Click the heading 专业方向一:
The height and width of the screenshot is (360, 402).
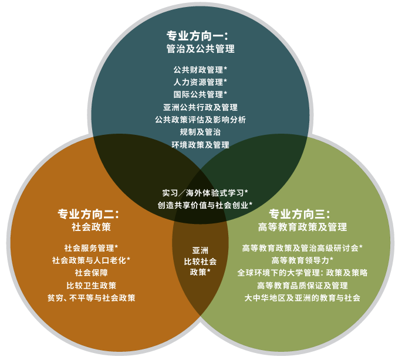coord(197,36)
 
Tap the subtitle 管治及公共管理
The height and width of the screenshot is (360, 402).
coord(201,49)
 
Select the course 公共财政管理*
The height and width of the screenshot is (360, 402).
coord(200,70)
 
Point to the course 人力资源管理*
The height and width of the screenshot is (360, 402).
coord(200,82)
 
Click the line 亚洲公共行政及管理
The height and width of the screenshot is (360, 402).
coord(201,107)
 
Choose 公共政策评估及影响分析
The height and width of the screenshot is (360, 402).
coord(201,120)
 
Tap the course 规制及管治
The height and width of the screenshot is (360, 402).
coord(201,132)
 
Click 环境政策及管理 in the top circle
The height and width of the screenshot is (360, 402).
coord(201,145)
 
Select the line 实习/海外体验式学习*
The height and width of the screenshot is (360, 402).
coord(205,193)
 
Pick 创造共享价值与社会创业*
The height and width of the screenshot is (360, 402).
coord(205,205)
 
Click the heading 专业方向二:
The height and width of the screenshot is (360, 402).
coord(89,214)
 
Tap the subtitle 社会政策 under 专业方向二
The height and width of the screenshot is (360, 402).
coord(92,227)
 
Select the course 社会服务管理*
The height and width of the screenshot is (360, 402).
coord(92,248)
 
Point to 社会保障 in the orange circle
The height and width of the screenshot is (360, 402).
coord(92,273)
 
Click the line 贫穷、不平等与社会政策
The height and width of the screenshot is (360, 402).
coord(92,298)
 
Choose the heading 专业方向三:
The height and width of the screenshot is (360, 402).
coord(299,214)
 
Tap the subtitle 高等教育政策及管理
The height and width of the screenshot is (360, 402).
coord(302,227)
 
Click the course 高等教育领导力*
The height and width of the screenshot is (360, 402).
coord(302,260)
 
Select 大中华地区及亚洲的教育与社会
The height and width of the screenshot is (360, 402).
coord(302,298)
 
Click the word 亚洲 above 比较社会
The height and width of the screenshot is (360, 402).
coord(200,250)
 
